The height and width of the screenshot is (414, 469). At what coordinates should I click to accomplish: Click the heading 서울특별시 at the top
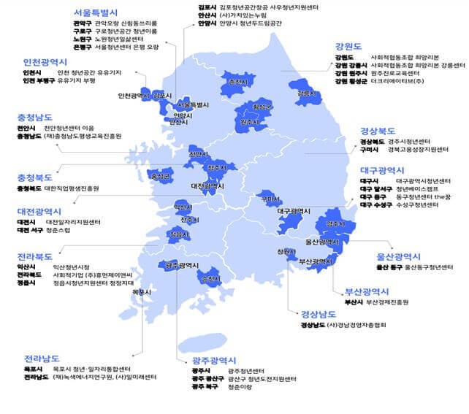click(x=96, y=13)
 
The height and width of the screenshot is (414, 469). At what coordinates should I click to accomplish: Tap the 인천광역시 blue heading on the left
click(x=47, y=63)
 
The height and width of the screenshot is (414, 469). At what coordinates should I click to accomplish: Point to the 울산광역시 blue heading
click(x=398, y=256)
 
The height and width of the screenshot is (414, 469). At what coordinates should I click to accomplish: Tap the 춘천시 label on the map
click(x=237, y=83)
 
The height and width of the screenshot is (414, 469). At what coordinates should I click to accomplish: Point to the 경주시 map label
click(x=335, y=223)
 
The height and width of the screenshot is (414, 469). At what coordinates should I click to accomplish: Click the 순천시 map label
click(x=210, y=279)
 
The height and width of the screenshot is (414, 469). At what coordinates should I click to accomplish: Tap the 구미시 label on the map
click(x=270, y=199)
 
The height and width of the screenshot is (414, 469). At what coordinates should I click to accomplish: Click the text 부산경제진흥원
click(x=388, y=302)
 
